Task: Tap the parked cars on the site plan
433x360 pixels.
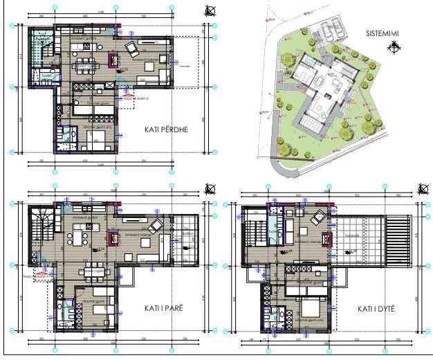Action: point(329,28)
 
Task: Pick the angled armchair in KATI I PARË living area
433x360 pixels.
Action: point(157,224)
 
